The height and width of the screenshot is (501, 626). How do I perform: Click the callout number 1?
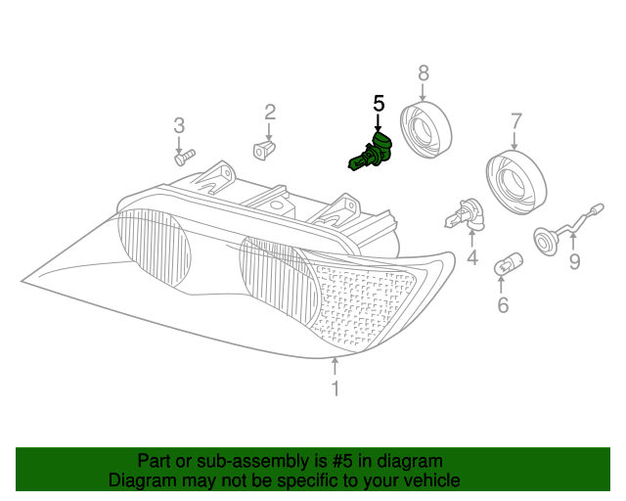point(335,389)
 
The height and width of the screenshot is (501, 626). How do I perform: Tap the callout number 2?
point(270,113)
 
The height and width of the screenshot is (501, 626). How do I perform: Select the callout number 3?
point(179,125)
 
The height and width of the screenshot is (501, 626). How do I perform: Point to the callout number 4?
point(471,258)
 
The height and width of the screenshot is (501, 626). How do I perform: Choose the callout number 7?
point(515,121)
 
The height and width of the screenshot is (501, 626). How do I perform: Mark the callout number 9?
point(574,261)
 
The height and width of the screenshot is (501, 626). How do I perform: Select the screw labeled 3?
point(183,155)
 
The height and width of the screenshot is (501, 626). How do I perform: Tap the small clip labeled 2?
point(263,149)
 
